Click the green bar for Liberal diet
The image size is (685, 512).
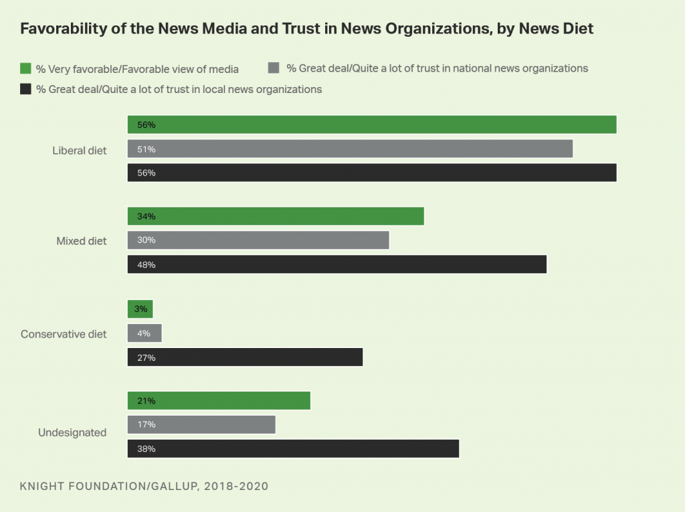pos(371,124)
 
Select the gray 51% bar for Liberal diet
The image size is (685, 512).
pos(350,149)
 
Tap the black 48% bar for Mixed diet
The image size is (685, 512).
pos(336,264)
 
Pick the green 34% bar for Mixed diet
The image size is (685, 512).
pos(276,216)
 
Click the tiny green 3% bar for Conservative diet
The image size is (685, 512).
pos(140,309)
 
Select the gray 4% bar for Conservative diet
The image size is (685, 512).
pos(144,333)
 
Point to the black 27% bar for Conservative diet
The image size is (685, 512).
pos(245,357)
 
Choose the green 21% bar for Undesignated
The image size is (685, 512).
pos(219,401)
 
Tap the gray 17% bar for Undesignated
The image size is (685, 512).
pos(201,424)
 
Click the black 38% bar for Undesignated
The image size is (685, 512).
pos(293,448)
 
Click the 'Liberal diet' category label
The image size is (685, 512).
pos(80,150)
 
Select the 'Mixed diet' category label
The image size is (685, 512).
pos(82,241)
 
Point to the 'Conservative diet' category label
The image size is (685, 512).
pos(64,334)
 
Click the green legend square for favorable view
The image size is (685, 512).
pos(26,68)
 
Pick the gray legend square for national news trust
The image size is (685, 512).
pos(273,68)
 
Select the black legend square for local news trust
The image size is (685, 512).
pos(26,89)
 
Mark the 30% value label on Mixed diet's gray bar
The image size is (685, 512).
pos(147,240)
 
